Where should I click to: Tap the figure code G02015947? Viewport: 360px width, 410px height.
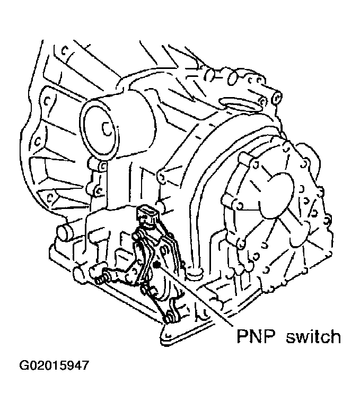point(54,366)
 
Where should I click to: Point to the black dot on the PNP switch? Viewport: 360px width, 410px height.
point(156,265)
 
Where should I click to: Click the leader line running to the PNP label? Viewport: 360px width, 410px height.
point(194,296)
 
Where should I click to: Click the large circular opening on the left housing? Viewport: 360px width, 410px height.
point(99,129)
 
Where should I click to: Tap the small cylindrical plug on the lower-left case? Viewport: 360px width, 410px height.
point(64,233)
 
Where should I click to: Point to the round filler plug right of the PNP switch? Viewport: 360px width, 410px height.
point(196,272)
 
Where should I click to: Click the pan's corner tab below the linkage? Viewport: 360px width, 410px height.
point(169,336)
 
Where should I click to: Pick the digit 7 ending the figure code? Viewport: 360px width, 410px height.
point(85,366)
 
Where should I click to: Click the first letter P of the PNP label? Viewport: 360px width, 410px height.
point(242,336)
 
